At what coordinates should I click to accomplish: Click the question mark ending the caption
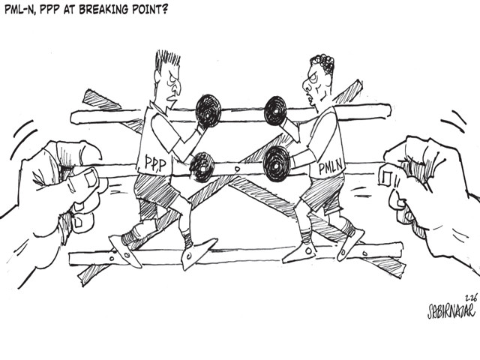pos(164,9)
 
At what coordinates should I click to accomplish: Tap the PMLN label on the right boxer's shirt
pos(331,167)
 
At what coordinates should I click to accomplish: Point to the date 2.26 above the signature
pos(471,297)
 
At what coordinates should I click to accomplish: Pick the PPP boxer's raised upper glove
pos(208,110)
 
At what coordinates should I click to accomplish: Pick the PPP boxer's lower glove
pos(202,167)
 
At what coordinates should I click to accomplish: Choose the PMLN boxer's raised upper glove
pos(275,111)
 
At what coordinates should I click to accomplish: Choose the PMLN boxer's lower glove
pos(276,163)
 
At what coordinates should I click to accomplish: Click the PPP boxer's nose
pos(177,88)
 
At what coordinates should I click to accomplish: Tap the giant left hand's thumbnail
pos(90,178)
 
